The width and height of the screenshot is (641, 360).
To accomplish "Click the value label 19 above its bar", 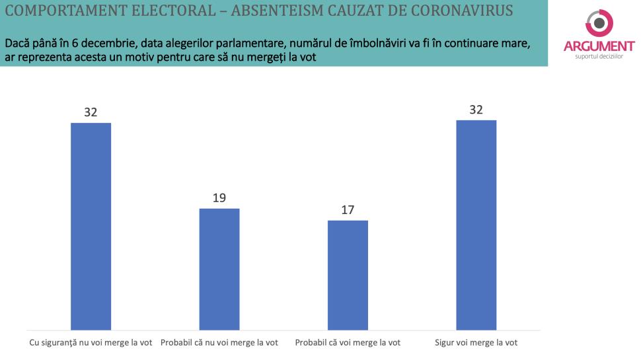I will coord(219,198).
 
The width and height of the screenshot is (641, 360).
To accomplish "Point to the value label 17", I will coord(348,210).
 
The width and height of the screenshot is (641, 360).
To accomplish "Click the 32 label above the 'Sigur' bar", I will coord(476,110).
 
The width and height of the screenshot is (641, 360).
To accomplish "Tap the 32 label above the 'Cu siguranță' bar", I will coord(91,112).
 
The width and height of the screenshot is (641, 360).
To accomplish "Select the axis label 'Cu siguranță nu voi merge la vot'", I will coord(91,343).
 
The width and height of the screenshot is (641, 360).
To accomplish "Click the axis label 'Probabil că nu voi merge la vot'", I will coord(219,343).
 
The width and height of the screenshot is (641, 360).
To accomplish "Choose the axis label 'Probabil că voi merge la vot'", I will coord(348,343).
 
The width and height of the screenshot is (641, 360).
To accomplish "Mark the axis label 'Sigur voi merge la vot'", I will coord(476,343).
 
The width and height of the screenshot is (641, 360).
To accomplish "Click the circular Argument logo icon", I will coord(599,22).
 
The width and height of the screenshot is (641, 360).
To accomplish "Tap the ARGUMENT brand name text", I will coord(599,46).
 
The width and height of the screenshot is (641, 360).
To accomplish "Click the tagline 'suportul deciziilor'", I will coord(599,56).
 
